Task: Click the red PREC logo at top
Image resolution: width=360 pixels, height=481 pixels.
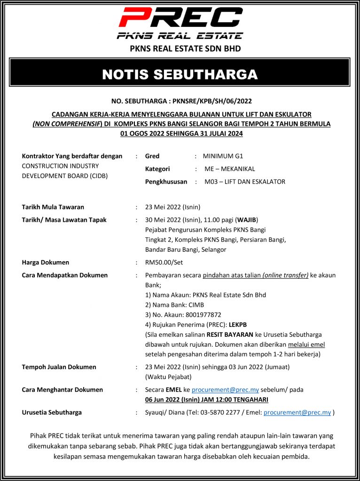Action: pyautogui.click(x=180, y=18)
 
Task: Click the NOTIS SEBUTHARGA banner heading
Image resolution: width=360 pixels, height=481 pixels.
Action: pyautogui.click(x=180, y=74)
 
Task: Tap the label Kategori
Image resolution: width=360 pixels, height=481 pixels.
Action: pyautogui.click(x=157, y=169)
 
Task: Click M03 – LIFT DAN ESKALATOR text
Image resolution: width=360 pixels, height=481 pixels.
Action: pyautogui.click(x=244, y=181)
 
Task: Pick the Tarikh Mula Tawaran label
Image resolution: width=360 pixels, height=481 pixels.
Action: pyautogui.click(x=53, y=207)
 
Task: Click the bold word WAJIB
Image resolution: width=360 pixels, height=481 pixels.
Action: pyautogui.click(x=246, y=220)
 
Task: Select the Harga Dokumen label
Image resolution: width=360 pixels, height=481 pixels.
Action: pyautogui.click(x=46, y=262)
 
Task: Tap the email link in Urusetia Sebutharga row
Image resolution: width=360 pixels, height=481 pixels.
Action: pyautogui.click(x=297, y=412)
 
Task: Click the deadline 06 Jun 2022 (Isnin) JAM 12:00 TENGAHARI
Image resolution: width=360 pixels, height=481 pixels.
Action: pyautogui.click(x=207, y=400)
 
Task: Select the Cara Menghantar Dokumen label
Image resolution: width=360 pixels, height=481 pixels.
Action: pyautogui.click(x=63, y=390)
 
